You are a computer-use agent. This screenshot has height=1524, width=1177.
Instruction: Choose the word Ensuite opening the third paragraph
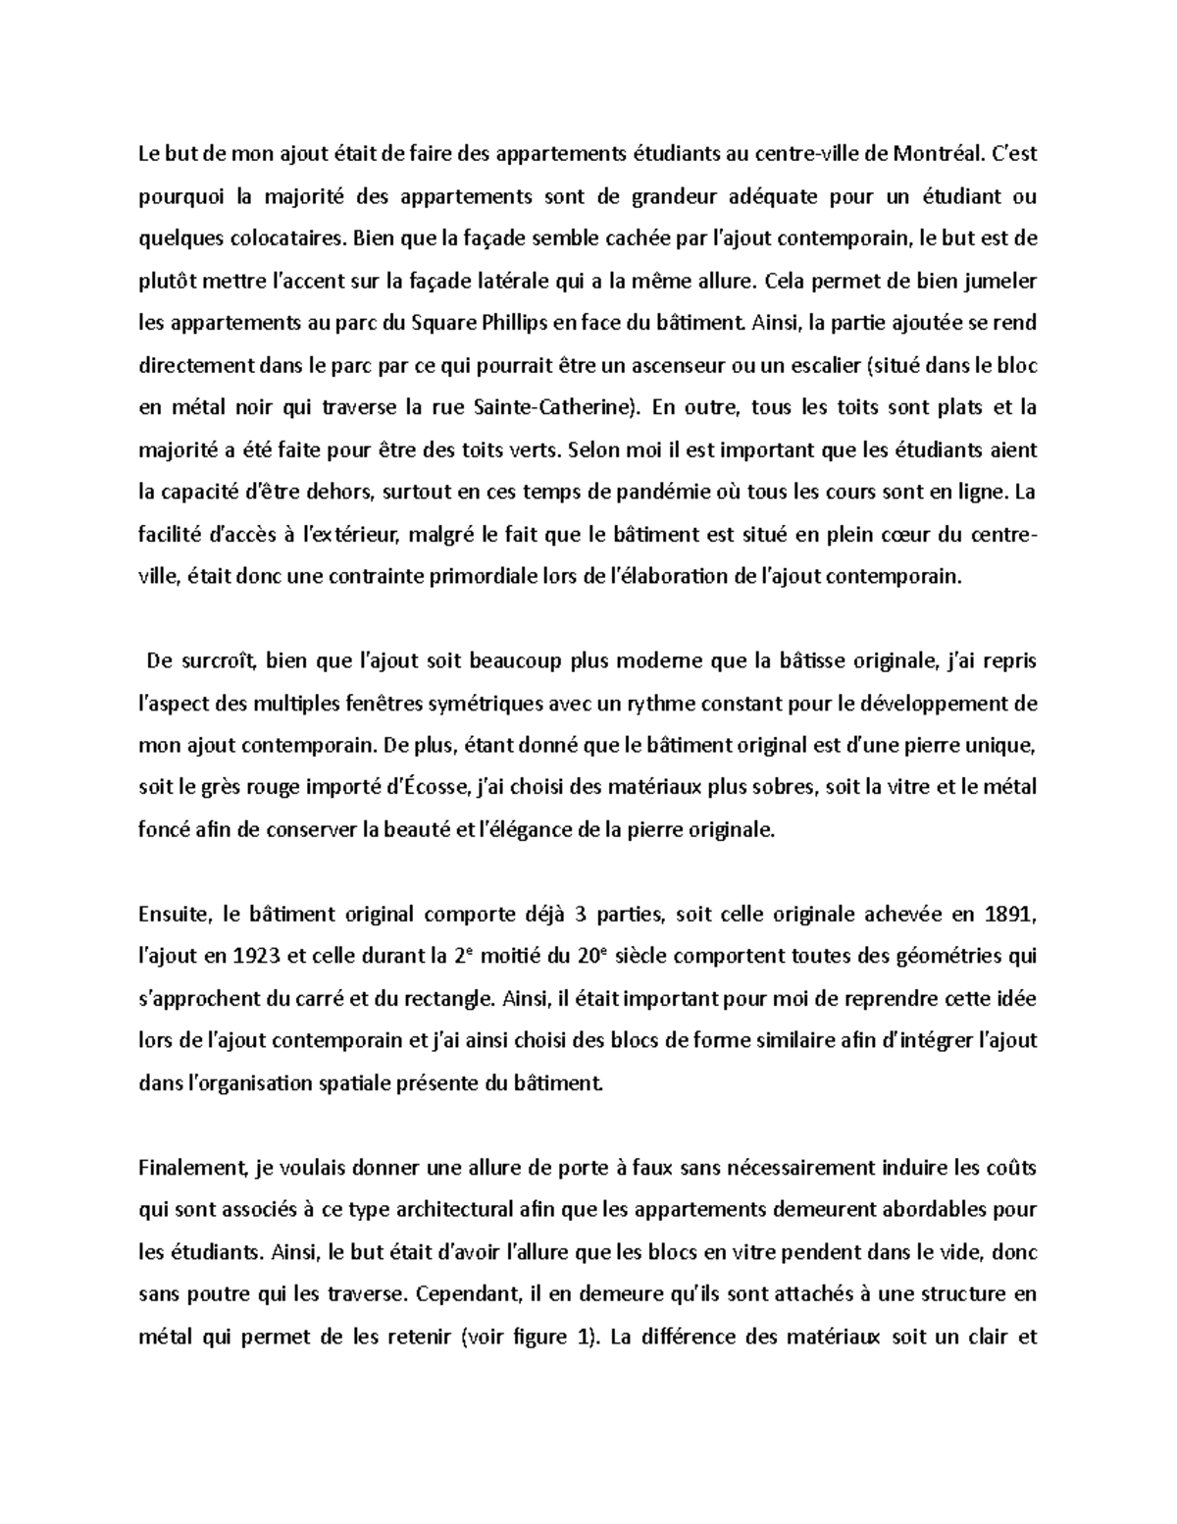tap(175, 915)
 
